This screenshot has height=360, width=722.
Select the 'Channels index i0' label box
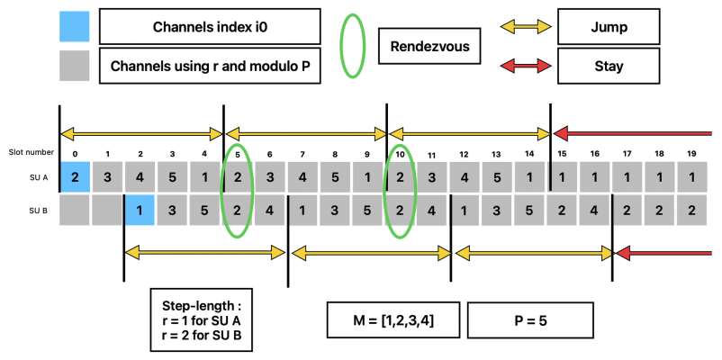(x=210, y=27)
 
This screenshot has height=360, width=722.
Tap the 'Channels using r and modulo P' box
(x=210, y=66)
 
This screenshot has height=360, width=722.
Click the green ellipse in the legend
(x=350, y=46)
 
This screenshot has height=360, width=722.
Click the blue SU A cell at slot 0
(x=76, y=175)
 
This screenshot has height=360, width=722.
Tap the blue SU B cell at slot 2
(x=140, y=210)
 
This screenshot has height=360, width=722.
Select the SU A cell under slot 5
(x=236, y=175)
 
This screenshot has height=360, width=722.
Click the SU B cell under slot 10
(x=399, y=210)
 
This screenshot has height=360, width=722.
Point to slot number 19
(x=691, y=153)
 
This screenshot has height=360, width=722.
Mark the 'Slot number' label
(x=28, y=153)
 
